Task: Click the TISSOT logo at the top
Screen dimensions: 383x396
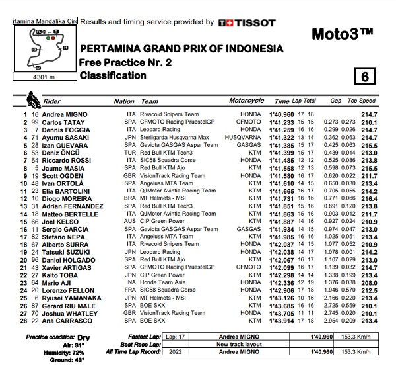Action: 247,22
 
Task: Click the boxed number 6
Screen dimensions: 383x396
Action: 363,75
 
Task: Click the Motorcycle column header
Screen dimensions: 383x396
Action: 246,101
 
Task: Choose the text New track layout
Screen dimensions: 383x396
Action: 238,345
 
